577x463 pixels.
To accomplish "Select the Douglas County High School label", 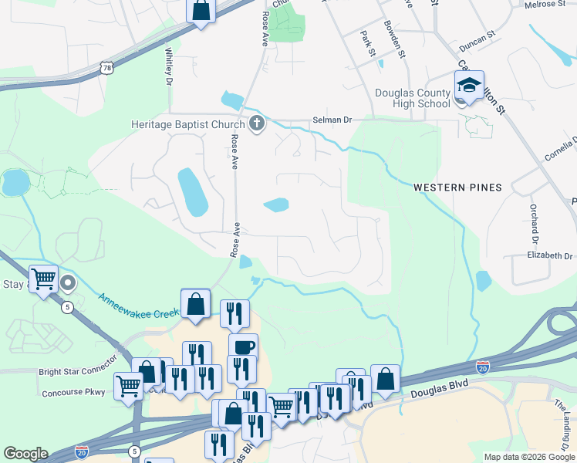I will (413, 98).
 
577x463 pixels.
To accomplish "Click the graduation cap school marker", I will (468, 85).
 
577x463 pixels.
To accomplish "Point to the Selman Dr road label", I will (332, 120).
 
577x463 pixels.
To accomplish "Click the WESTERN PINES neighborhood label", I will (457, 188).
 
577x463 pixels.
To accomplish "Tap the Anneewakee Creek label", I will (135, 302).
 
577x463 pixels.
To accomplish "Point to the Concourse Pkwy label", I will (74, 392).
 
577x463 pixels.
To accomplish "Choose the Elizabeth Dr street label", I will (550, 255).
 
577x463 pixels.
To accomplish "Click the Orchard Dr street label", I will (533, 219).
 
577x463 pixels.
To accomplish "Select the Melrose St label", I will (545, 5).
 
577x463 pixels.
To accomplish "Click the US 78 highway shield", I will (107, 69).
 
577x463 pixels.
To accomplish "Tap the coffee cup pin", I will (243, 347).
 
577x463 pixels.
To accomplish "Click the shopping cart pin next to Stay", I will (44, 279).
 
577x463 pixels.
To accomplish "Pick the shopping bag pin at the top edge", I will (201, 11).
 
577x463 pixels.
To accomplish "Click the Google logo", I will (25, 454).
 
